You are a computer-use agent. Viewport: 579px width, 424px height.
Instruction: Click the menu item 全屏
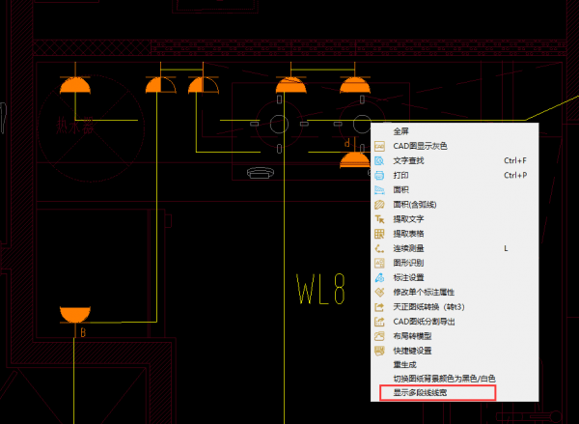[401, 130]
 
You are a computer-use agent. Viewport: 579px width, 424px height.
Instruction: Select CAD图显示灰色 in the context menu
[419, 145]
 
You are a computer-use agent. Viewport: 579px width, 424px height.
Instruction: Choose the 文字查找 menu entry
[409, 159]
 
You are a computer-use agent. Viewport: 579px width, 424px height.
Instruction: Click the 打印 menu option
[401, 175]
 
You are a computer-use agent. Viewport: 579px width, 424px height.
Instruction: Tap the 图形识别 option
[409, 263]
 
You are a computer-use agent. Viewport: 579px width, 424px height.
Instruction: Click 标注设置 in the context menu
[409, 277]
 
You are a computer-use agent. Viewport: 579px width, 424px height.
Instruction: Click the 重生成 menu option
[405, 364]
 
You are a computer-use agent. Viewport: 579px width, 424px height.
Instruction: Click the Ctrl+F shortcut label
[514, 159]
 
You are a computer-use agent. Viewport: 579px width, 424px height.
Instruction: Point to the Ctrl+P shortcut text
[514, 175]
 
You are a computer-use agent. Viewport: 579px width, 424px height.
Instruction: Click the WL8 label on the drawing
[321, 289]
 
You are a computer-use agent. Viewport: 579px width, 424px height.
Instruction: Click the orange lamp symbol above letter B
[73, 315]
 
